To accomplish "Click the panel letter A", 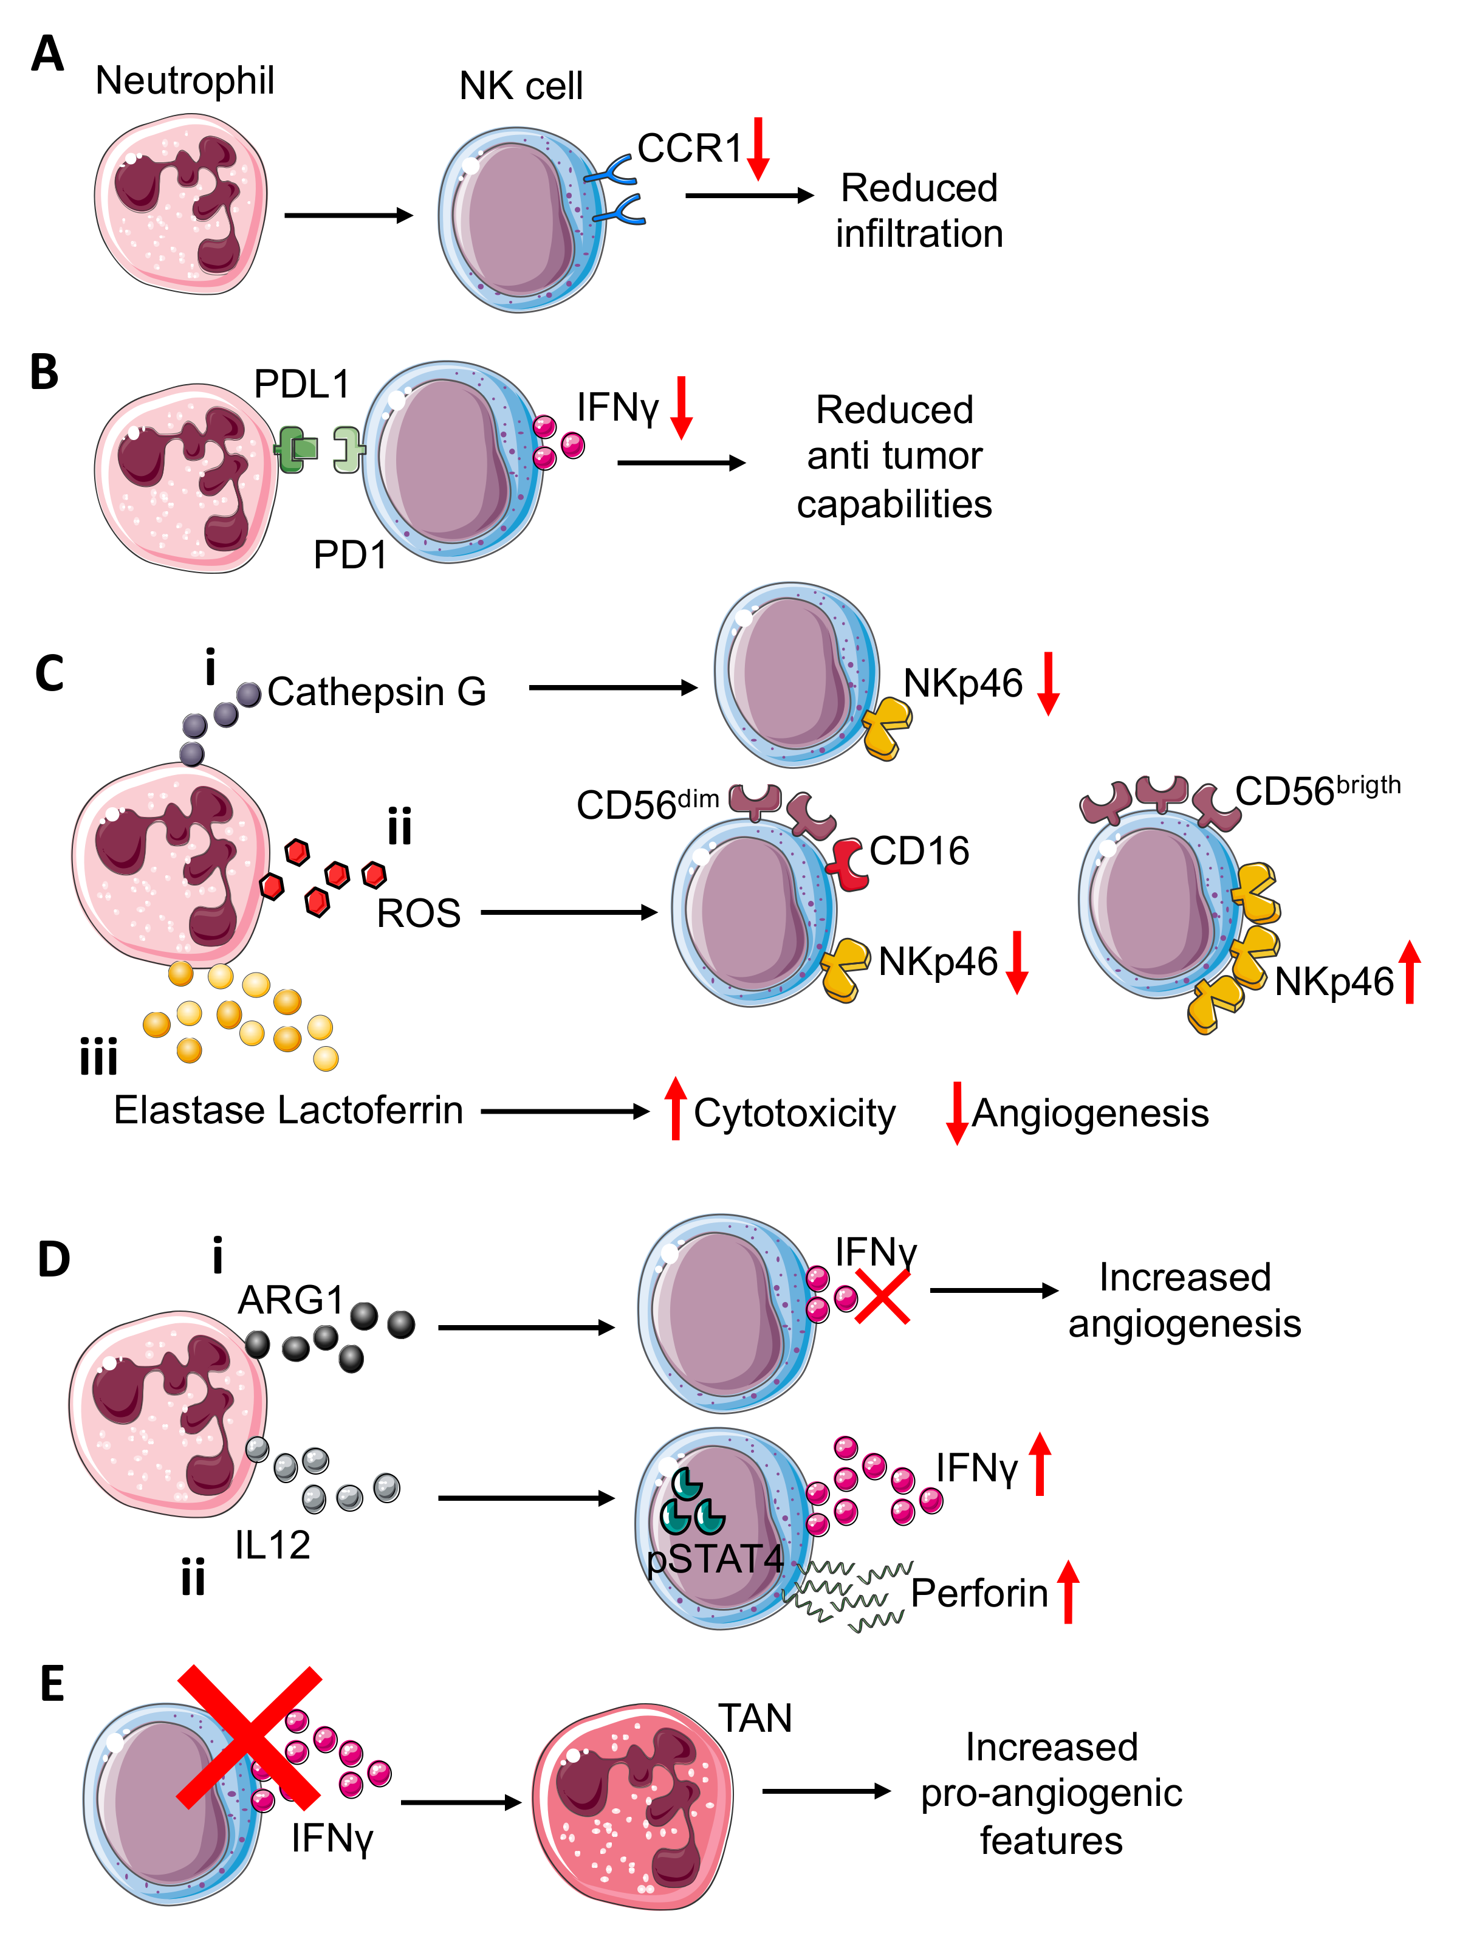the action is click(47, 54).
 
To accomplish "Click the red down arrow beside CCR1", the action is click(758, 149).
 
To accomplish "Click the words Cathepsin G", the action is click(376, 692).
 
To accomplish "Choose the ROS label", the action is click(418, 913).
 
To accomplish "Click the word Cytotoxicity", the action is click(795, 1114).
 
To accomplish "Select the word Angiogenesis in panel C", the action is click(1091, 1114).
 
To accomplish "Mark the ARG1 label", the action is click(292, 1300).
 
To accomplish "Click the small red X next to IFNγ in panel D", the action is click(883, 1296).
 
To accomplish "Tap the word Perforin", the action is click(979, 1593).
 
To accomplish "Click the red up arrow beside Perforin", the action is click(1068, 1592).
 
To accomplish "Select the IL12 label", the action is click(272, 1545).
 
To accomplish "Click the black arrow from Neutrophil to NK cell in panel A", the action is click(348, 215).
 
